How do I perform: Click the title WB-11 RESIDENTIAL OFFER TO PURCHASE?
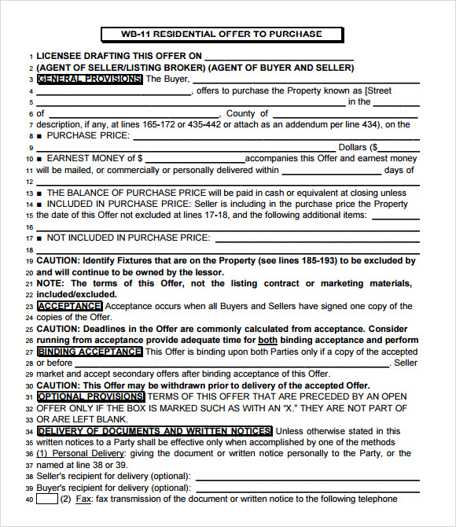(x=222, y=34)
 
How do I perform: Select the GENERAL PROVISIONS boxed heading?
(x=90, y=79)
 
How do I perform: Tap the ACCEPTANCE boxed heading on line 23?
(x=69, y=306)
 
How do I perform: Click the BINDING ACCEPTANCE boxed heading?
(x=90, y=352)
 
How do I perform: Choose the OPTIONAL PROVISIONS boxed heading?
(x=90, y=397)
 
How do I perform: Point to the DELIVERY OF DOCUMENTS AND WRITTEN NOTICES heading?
(x=154, y=431)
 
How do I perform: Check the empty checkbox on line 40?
(x=46, y=499)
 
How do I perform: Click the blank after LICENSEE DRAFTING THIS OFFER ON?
(x=279, y=57)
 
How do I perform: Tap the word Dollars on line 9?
(x=352, y=147)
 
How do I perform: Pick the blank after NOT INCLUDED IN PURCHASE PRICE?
(x=316, y=238)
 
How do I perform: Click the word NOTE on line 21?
(x=50, y=283)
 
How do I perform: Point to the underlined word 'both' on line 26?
(x=269, y=340)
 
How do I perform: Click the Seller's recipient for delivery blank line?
(x=306, y=476)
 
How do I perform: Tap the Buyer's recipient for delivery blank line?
(x=306, y=488)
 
